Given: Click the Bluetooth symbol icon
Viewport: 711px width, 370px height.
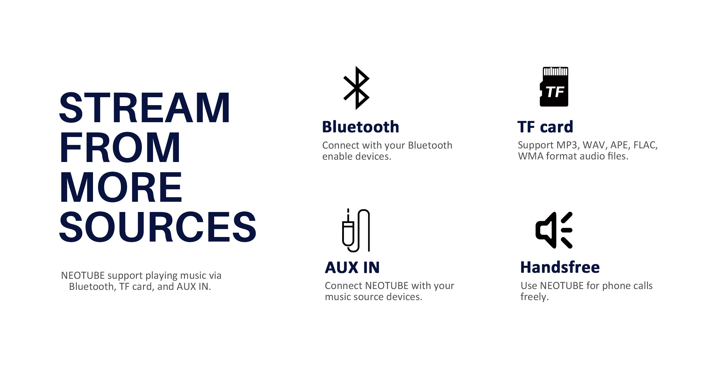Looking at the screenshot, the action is point(356,88).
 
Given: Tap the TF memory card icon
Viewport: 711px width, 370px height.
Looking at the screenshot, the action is point(554,87).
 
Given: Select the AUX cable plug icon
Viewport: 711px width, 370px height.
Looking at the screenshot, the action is point(356,230).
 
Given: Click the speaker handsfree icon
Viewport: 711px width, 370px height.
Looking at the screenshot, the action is point(554,230).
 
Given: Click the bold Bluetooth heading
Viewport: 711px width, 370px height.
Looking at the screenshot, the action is point(361,127).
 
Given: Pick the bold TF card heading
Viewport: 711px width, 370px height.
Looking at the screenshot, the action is point(545,127).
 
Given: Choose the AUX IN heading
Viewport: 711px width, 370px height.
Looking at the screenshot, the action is point(352,267).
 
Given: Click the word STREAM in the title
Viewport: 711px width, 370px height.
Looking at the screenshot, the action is point(144,108).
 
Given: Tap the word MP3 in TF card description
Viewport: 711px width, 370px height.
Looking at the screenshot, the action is point(568,145).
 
